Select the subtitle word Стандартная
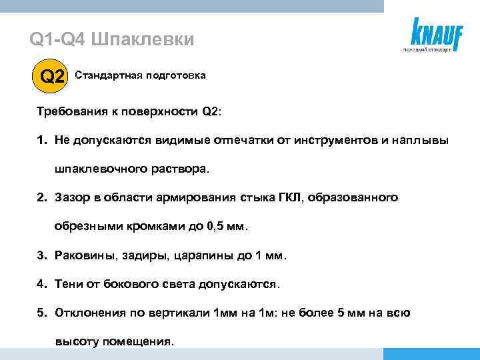coord(105,76)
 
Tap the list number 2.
coord(41,198)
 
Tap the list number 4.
coord(41,283)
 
